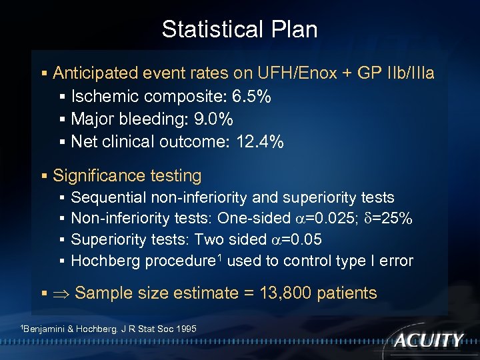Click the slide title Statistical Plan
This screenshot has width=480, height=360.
pyautogui.click(x=239, y=29)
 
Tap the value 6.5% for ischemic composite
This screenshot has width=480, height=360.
pyautogui.click(x=251, y=97)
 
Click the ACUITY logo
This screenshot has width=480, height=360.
pyautogui.click(x=428, y=340)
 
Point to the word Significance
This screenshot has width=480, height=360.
pyautogui.click(x=95, y=176)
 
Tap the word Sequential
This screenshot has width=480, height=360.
pyautogui.click(x=109, y=198)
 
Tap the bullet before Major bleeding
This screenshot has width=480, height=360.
pyautogui.click(x=61, y=120)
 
